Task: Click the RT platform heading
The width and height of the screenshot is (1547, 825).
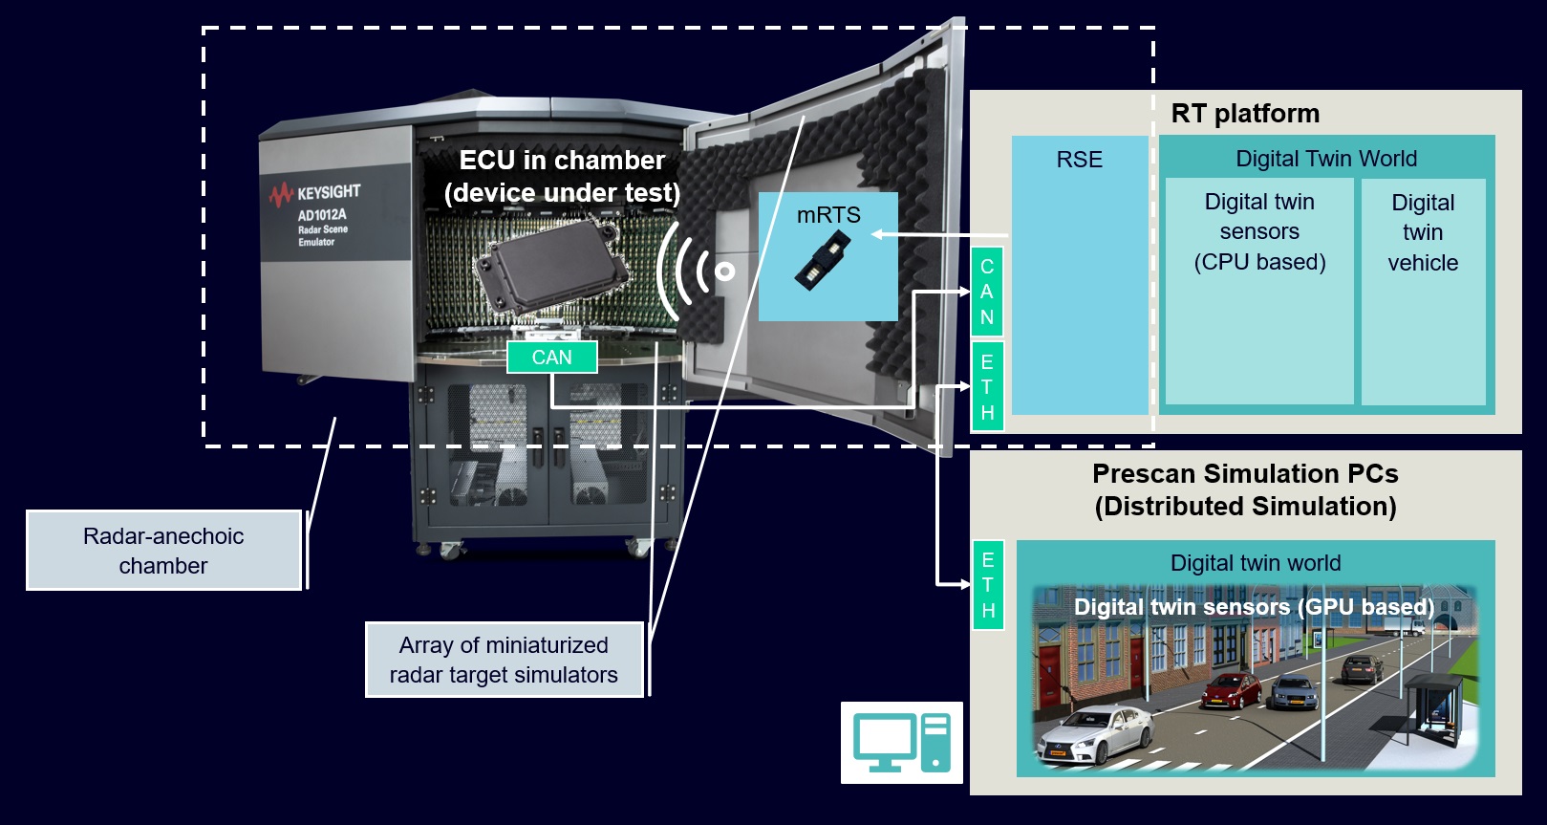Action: tap(1244, 114)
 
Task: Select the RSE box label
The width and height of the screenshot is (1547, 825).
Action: tap(1079, 160)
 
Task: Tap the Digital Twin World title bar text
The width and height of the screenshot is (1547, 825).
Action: tap(1325, 159)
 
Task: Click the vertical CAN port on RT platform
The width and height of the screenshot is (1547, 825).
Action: tap(987, 292)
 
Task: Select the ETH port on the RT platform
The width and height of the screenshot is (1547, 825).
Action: tap(987, 387)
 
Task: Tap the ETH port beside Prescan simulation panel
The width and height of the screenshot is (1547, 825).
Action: tap(988, 585)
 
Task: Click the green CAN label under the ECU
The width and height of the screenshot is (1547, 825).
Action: tap(551, 358)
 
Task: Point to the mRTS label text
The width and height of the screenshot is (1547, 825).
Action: tap(828, 216)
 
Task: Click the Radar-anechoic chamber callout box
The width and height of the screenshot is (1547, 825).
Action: tap(163, 551)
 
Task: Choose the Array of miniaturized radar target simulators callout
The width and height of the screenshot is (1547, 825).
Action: tap(504, 660)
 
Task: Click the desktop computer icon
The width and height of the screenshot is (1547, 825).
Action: tap(901, 743)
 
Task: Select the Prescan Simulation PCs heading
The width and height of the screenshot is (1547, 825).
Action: tap(1245, 489)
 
